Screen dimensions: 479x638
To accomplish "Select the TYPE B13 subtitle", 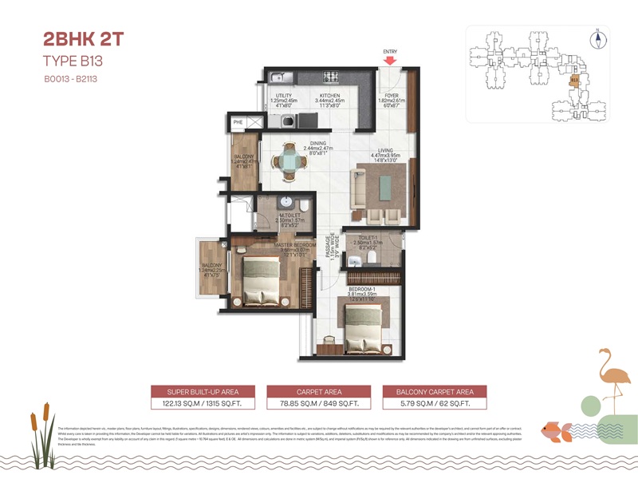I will coord(74,61).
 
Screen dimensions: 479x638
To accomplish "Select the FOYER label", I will coord(391,95).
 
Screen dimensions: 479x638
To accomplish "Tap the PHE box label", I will coord(238,122).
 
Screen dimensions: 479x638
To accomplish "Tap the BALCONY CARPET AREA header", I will coord(435,391).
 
